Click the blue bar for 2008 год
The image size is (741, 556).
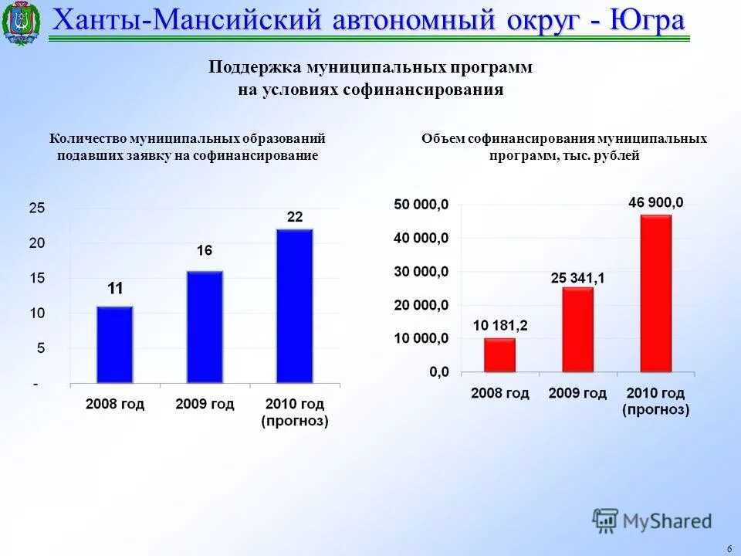(x=114, y=344)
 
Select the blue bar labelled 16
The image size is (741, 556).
(x=205, y=327)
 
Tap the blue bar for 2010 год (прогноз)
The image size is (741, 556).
(x=294, y=306)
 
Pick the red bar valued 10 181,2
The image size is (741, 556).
(x=499, y=355)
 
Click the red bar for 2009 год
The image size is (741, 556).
(x=577, y=330)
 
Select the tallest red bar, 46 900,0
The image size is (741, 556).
(x=655, y=293)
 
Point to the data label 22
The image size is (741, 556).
(x=295, y=217)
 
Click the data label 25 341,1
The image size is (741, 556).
(x=577, y=278)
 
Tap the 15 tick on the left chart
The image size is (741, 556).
(x=37, y=278)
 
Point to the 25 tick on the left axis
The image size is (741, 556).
(x=37, y=208)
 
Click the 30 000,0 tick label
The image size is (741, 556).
(x=421, y=272)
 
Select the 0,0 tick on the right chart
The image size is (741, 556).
(x=437, y=372)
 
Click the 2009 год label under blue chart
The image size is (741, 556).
(x=205, y=404)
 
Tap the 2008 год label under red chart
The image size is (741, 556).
(x=500, y=393)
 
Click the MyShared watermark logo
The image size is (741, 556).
(x=652, y=521)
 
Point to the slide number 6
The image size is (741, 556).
(x=729, y=548)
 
